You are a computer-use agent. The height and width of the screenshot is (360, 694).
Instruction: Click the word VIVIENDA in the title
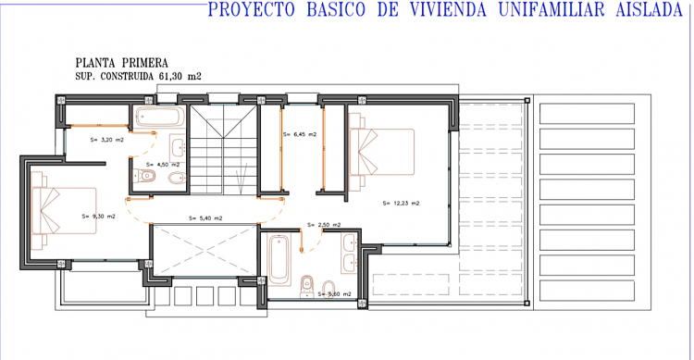tap(447, 10)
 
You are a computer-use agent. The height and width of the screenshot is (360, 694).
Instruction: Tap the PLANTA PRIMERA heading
tap(122, 63)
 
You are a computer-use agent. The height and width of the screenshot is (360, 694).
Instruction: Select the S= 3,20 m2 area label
tap(106, 140)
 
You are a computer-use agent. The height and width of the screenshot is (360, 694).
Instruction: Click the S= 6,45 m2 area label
tap(300, 134)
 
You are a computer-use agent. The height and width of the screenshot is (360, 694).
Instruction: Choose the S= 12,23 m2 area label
tap(401, 204)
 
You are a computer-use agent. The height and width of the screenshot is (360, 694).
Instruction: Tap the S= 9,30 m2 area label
tap(99, 217)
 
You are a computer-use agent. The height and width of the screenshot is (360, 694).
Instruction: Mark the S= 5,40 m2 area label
tap(205, 217)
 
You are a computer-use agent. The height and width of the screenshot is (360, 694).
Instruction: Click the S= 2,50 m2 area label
tap(324, 225)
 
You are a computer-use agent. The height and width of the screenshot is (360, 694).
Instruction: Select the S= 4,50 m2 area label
tap(163, 165)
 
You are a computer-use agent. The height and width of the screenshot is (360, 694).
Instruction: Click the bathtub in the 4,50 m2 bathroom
tap(160, 118)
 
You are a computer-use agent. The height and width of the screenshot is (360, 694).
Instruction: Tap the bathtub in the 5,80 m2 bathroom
tap(279, 260)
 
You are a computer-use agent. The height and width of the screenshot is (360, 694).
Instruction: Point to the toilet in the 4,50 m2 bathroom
tap(144, 176)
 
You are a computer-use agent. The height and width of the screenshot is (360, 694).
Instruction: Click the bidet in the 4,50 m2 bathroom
tap(177, 179)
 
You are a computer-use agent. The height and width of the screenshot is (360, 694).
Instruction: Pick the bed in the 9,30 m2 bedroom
tap(64, 210)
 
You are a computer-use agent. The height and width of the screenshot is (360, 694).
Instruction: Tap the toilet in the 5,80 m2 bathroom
tap(306, 287)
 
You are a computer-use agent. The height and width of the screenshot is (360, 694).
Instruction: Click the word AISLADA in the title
tap(649, 10)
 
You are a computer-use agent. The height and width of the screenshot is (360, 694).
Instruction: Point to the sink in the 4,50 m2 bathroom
tap(179, 145)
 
